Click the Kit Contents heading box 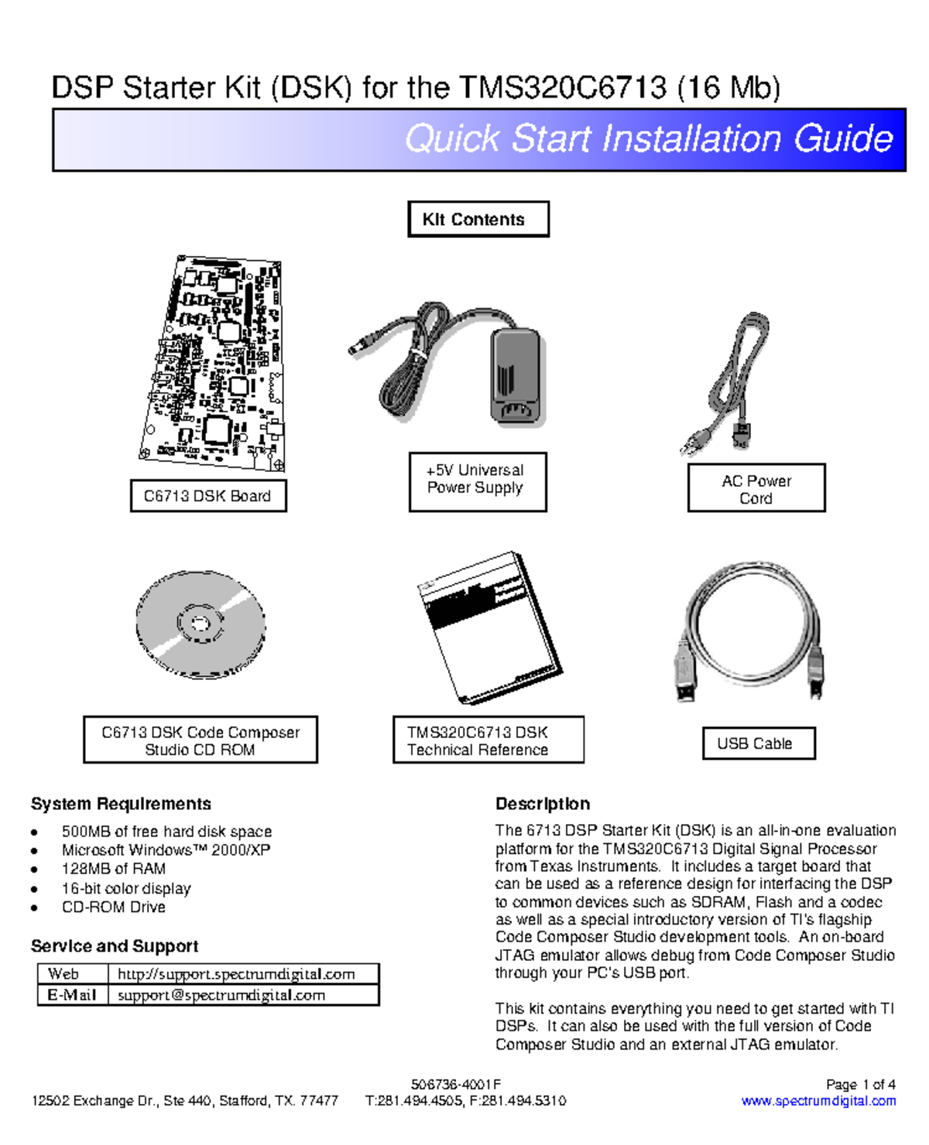478,219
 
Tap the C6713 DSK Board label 207,496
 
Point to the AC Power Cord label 756,488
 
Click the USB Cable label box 758,743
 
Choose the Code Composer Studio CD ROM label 200,740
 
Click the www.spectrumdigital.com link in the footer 818,1101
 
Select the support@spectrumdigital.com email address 221,995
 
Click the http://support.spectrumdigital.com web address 235,974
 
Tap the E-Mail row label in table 72,995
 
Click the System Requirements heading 121,804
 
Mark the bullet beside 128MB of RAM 34,870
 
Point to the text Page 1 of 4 860,1084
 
